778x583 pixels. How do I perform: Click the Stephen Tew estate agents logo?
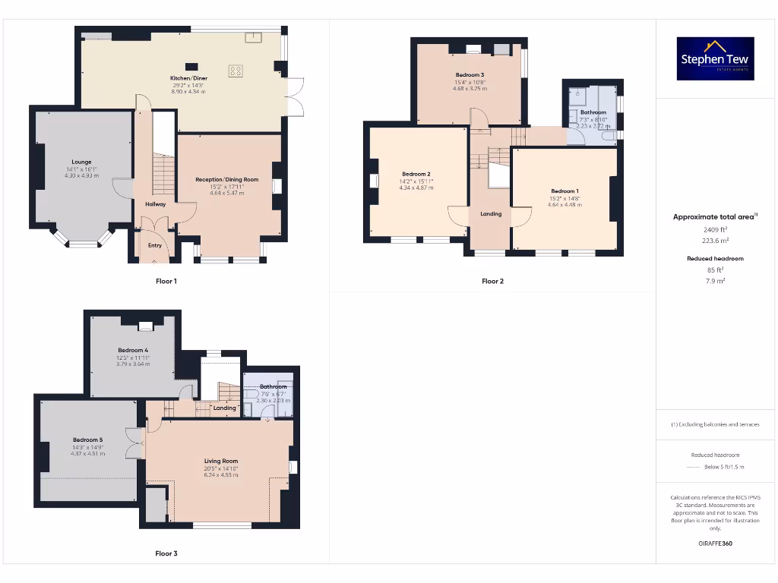pos(716,59)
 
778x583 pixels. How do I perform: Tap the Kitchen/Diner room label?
pos(189,78)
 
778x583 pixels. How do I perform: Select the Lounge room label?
pos(81,162)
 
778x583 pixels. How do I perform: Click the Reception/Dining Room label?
pos(227,180)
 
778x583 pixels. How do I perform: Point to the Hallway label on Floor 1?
pos(155,204)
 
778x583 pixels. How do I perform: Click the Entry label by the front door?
pos(155,245)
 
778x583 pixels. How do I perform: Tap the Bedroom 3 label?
pos(470,75)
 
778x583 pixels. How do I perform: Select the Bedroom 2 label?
pos(416,175)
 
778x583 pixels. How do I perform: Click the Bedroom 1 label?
pos(565,191)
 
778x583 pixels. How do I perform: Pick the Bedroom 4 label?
pos(133,350)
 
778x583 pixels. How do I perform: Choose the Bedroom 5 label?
pos(87,440)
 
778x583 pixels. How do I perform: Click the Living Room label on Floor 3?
pos(221,461)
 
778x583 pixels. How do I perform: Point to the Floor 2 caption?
pos(492,281)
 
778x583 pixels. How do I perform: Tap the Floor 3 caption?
pos(166,553)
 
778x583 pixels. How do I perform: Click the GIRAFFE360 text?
pos(716,544)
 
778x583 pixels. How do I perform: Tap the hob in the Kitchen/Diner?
pos(236,71)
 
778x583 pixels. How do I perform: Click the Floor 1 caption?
pos(166,281)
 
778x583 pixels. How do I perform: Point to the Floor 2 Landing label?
pos(491,214)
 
